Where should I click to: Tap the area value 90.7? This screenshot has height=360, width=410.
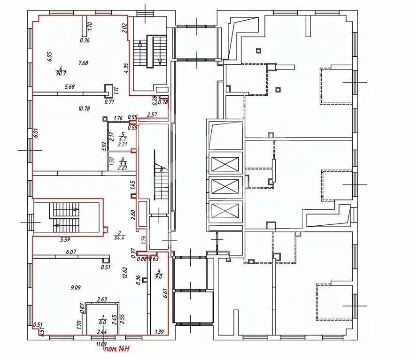(x=60, y=73)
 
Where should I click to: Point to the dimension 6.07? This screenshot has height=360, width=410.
(x=71, y=252)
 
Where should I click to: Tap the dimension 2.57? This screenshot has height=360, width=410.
(x=152, y=114)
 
